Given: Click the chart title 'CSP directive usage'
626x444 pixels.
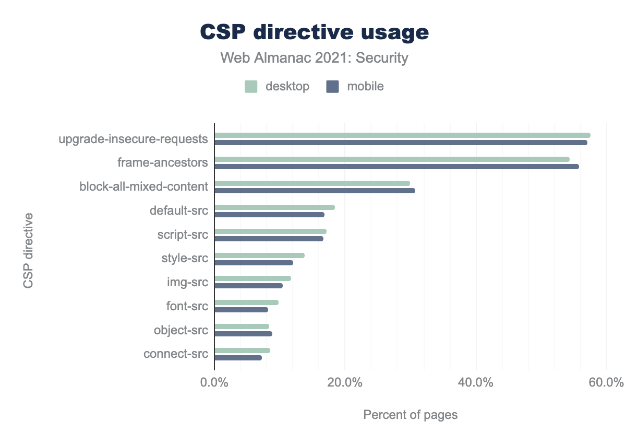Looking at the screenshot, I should tap(315, 32).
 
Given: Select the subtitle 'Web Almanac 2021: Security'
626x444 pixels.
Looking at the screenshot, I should tap(314, 57).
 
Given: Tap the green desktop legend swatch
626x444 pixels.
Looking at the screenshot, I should tap(251, 87).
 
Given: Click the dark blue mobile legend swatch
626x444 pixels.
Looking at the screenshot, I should tap(332, 87).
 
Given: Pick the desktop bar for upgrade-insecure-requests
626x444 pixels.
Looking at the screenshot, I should tap(402, 135).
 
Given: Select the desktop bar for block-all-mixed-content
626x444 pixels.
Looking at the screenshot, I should tap(312, 183).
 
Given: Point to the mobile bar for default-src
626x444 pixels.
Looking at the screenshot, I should tap(269, 215).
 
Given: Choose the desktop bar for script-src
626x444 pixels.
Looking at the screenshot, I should tap(270, 231).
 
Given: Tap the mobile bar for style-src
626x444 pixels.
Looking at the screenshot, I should tap(254, 263).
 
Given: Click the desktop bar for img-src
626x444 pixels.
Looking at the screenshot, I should tap(252, 278).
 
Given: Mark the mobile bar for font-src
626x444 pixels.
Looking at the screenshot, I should tap(241, 310).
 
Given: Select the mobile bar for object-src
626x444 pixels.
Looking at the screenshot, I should tap(243, 334).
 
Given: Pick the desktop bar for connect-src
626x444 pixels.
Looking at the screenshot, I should tap(242, 350).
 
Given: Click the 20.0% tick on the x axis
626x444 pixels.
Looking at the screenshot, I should tap(345, 382).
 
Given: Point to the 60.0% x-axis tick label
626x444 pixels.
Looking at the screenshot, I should tap(606, 382).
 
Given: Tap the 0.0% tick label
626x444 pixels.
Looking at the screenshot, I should tap(214, 382).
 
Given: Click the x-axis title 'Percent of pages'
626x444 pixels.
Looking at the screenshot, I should tap(410, 415).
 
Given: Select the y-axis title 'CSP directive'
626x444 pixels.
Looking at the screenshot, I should tap(28, 250).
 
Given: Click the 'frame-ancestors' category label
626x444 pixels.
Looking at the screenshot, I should tap(163, 162).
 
